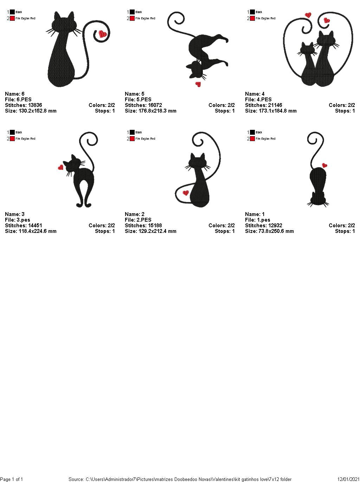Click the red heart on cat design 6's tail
pyautogui.click(x=103, y=34)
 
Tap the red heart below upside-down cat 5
pyautogui.click(x=198, y=84)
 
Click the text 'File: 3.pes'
pyautogui.click(x=18, y=220)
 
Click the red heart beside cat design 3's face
pyautogui.click(x=60, y=167)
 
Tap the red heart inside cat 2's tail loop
pyautogui.click(x=186, y=193)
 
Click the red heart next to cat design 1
pyautogui.click(x=324, y=165)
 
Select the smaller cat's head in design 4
pyautogui.click(x=307, y=49)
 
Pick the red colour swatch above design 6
pyautogui.click(x=12, y=18)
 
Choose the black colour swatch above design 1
pyautogui.click(x=252, y=132)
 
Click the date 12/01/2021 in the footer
pyautogui.click(x=348, y=479)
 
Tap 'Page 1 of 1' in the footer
pyautogui.click(x=12, y=479)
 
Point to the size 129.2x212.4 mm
pyautogui.click(x=150, y=231)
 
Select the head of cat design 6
pyautogui.click(x=63, y=24)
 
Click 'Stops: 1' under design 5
pyautogui.click(x=225, y=111)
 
